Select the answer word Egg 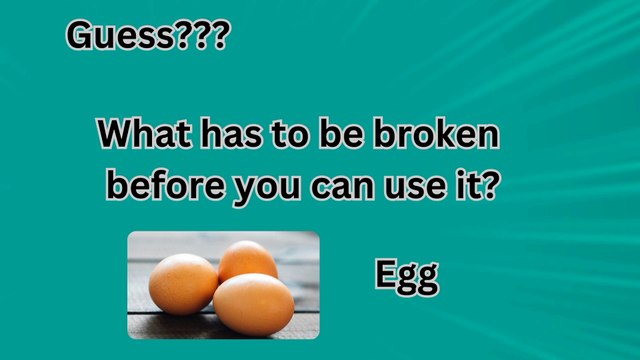(x=406, y=277)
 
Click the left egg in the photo (x=182, y=283)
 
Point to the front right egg (x=254, y=304)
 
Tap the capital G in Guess (x=80, y=36)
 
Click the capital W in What (x=115, y=135)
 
